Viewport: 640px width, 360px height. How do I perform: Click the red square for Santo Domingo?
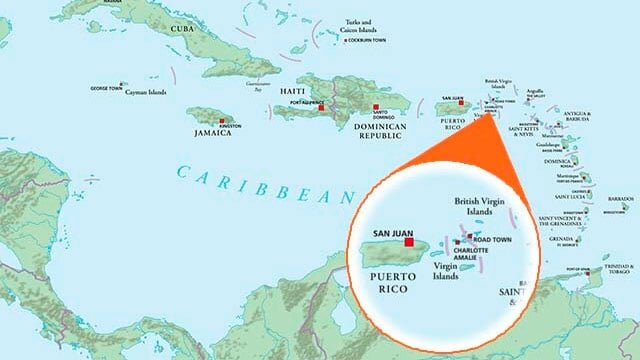coord(376,107)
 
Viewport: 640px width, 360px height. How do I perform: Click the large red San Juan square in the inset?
coord(408,240)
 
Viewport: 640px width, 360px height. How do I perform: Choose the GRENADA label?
coord(563,239)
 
